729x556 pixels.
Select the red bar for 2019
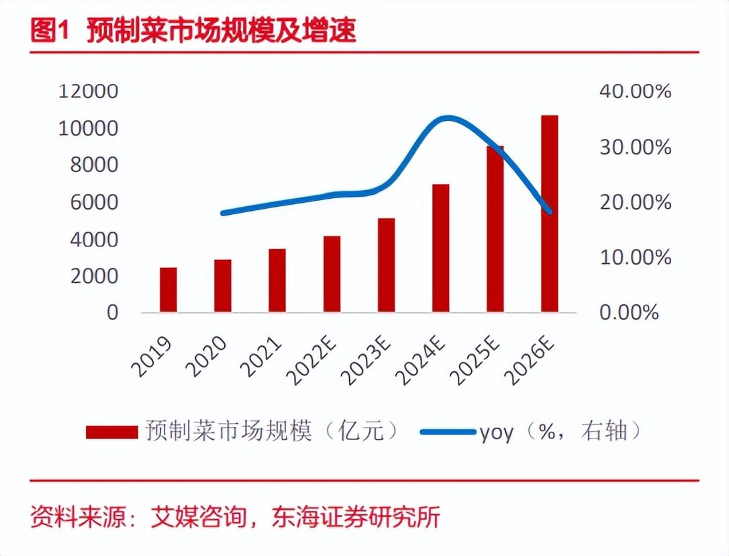point(168,290)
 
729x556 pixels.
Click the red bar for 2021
point(277,281)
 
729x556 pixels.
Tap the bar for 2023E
point(386,265)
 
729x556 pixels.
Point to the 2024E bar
point(440,248)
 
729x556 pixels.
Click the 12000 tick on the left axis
point(88,91)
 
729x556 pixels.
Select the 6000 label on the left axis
point(95,202)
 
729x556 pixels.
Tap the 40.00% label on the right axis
point(634,91)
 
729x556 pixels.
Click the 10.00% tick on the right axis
point(634,257)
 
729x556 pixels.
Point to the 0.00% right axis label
point(628,313)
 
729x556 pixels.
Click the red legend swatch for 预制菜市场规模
point(111,432)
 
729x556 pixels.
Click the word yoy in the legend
point(496,432)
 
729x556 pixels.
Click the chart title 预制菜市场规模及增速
point(221,32)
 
